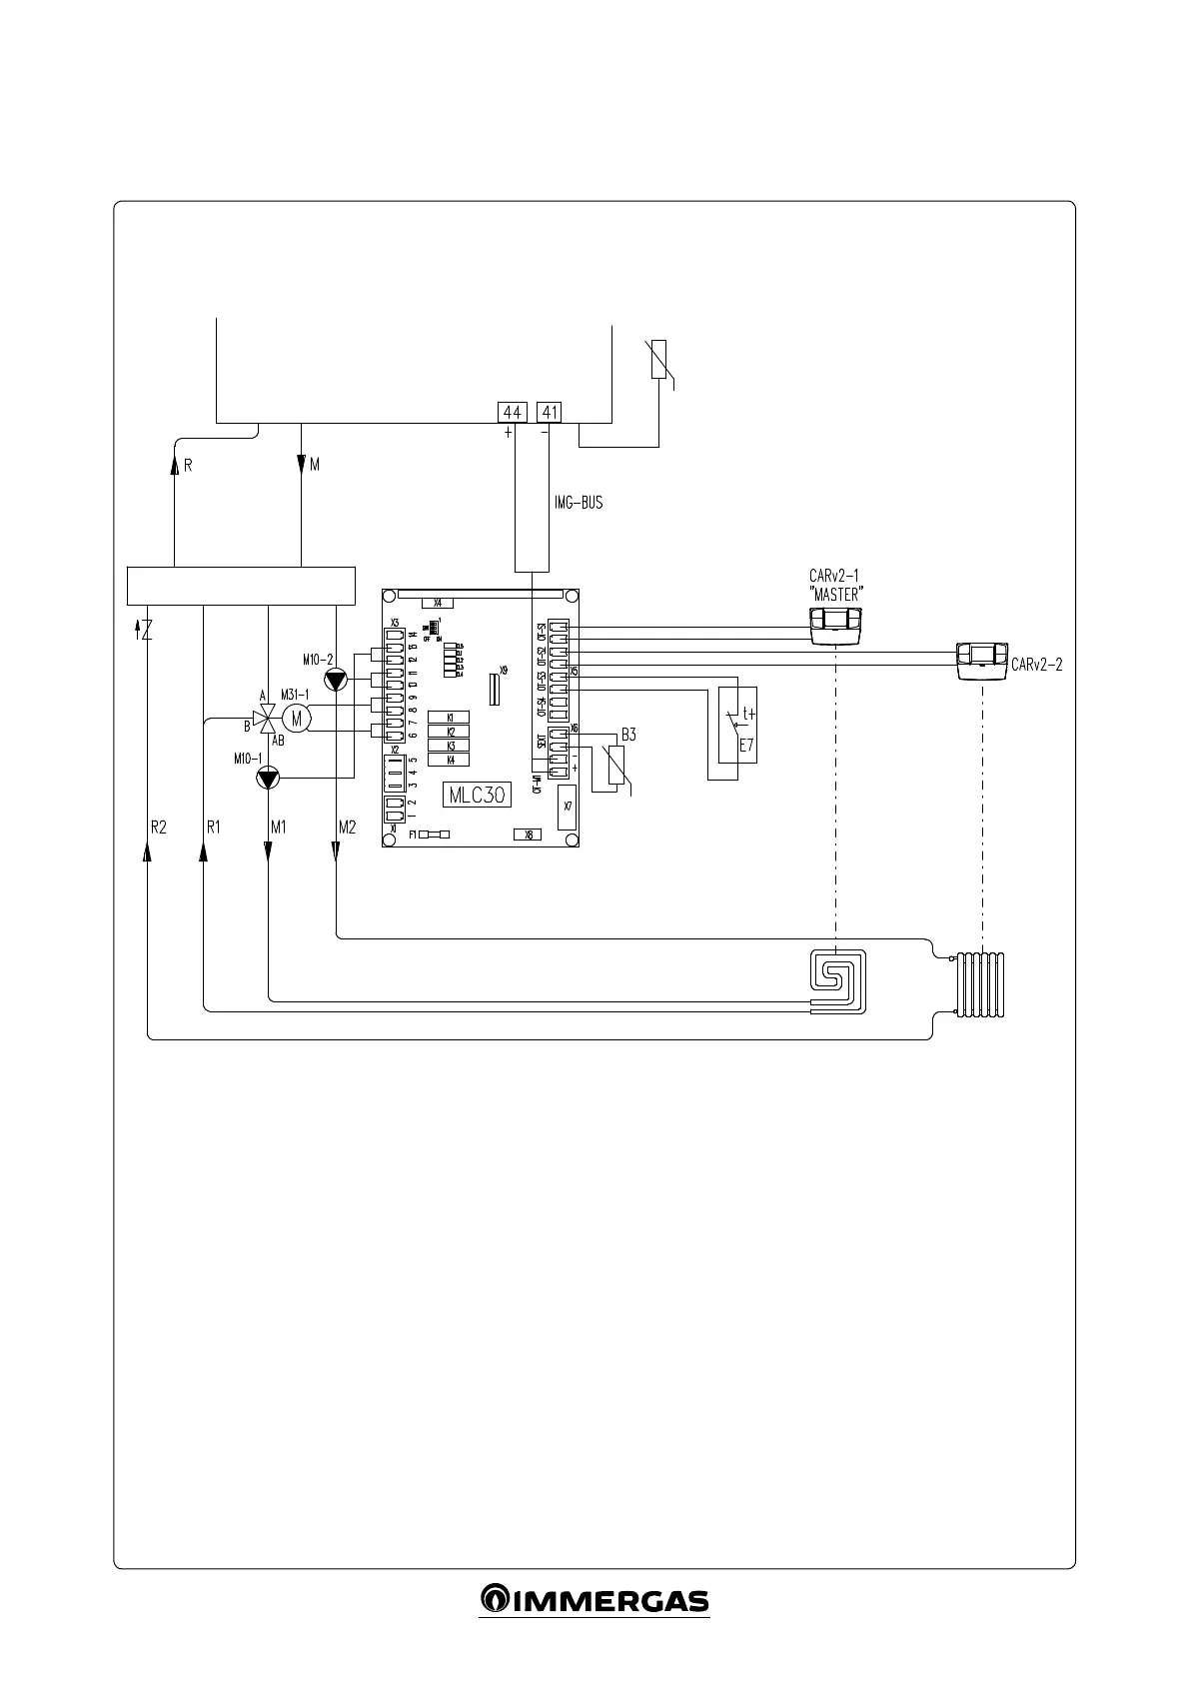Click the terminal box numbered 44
point(513,412)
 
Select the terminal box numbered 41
point(550,412)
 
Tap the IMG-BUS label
point(579,504)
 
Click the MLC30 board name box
point(477,795)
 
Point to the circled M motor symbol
point(296,717)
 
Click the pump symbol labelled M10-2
point(336,680)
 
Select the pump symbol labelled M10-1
point(268,778)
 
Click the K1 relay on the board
point(449,718)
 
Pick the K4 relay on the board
point(449,760)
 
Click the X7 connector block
point(567,806)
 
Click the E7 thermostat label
point(745,745)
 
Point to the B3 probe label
point(628,735)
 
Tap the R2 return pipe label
point(159,827)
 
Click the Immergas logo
point(595,1601)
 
